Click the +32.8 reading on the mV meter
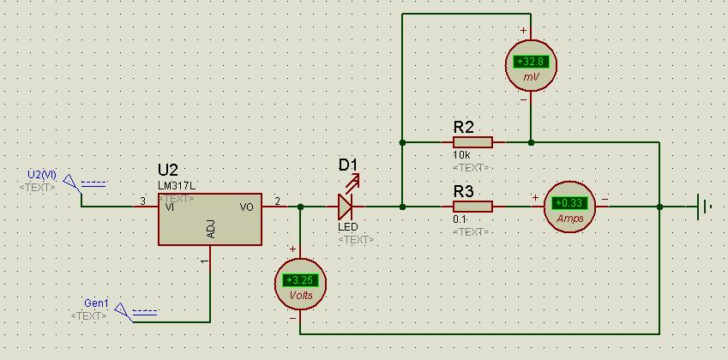point(531,61)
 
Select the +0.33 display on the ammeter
point(569,203)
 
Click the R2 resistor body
point(472,142)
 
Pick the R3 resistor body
point(472,207)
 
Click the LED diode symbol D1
point(346,207)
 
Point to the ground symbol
point(703,207)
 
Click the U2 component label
point(167,170)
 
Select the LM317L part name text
point(177,185)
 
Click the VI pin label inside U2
point(170,207)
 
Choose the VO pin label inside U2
point(247,207)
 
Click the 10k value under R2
point(461,155)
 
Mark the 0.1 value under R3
point(460,219)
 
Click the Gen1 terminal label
point(96,303)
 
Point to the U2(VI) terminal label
point(42,175)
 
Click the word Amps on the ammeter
point(569,219)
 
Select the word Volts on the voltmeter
point(301,296)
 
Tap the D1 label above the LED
point(348,165)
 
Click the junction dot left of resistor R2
point(402,142)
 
